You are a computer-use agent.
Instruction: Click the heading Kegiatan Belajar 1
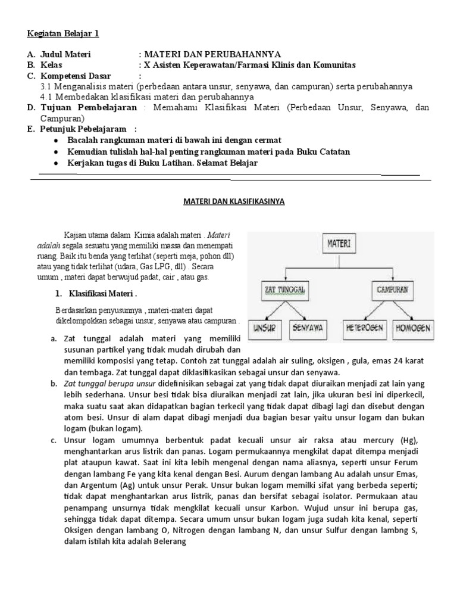pyautogui.click(x=62, y=33)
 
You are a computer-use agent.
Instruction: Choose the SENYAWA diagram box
pyautogui.click(x=308, y=328)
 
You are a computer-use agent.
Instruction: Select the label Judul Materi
pyautogui.click(x=65, y=54)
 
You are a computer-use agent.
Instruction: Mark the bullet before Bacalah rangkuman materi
pyautogui.click(x=55, y=141)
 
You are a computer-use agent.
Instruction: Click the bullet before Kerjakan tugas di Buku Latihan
pyautogui.click(x=55, y=163)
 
